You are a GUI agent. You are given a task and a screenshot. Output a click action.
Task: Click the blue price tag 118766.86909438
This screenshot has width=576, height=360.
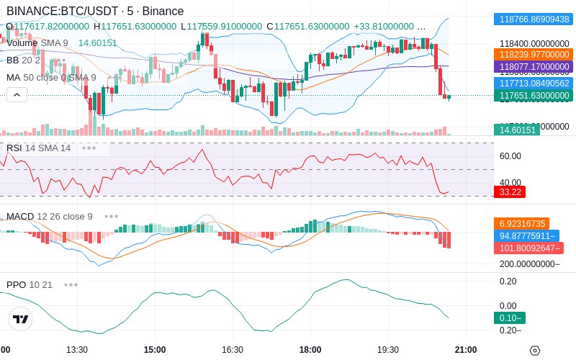(534, 19)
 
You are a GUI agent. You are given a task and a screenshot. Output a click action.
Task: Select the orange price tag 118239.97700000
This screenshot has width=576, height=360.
(534, 54)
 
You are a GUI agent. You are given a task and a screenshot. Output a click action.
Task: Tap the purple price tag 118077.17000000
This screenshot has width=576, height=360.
(534, 66)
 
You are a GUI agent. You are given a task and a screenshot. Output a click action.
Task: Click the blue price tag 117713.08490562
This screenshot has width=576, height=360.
(534, 83)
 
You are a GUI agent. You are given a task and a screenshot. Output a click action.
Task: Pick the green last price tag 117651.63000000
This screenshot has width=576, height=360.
(534, 95)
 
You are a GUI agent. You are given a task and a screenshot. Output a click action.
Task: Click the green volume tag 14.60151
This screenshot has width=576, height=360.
(516, 130)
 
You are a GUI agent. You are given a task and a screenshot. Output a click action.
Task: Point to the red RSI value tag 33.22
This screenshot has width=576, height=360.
(510, 192)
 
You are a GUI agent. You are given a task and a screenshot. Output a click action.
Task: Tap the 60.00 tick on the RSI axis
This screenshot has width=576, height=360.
(510, 156)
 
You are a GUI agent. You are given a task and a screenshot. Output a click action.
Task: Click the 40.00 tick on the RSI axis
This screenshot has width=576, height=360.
(510, 182)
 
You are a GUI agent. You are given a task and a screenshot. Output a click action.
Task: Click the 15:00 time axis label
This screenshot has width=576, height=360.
(155, 349)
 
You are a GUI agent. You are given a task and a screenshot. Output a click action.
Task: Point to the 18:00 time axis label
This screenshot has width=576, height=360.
(310, 349)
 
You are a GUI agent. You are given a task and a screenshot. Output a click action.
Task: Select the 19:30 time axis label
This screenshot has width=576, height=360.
(387, 349)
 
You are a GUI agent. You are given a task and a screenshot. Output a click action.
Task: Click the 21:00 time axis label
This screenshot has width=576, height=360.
(465, 349)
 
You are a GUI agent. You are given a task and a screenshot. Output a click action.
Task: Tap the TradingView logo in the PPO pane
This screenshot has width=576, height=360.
(21, 319)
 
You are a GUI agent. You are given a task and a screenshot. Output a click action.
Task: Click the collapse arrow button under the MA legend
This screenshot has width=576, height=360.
(16, 94)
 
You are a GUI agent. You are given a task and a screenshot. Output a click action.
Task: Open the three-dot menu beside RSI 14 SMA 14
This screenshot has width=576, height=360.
(89, 148)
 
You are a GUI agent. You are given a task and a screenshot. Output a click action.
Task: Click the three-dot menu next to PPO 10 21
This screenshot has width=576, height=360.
(70, 284)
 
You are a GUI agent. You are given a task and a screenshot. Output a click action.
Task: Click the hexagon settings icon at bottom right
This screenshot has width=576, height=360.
(534, 351)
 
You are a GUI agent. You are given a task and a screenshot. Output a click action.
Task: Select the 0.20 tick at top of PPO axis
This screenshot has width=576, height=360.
(508, 281)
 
